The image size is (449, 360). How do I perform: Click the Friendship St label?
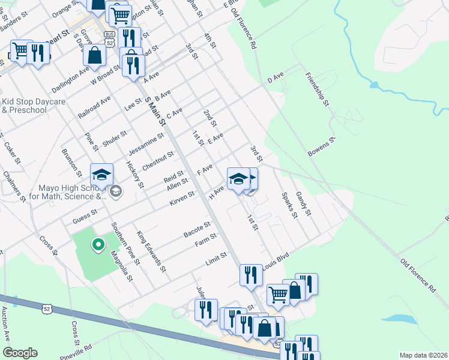click(x=318, y=89)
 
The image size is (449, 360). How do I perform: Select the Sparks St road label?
click(x=289, y=205)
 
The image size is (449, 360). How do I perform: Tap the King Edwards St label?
click(x=151, y=252)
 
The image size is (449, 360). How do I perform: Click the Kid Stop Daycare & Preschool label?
click(x=33, y=106)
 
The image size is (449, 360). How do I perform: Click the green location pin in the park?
click(x=97, y=244)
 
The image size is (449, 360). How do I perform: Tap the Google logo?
click(x=20, y=353)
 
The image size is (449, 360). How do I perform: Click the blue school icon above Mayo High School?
click(x=101, y=175)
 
